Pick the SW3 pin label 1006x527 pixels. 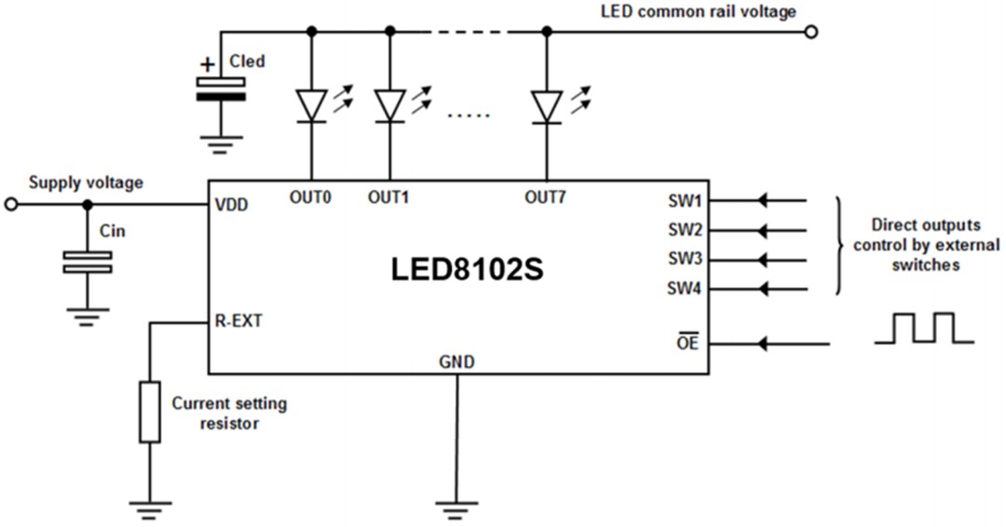pos(685,259)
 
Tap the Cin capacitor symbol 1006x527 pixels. pos(87,263)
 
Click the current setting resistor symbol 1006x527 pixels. pos(149,411)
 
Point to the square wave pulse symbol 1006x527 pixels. pos(923,329)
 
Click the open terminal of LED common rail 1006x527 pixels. pos(811,32)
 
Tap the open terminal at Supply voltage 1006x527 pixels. pos(11,205)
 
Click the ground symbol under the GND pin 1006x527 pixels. pos(456,508)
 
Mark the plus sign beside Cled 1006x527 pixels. pos(206,65)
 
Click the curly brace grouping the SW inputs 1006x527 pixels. pos(841,246)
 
